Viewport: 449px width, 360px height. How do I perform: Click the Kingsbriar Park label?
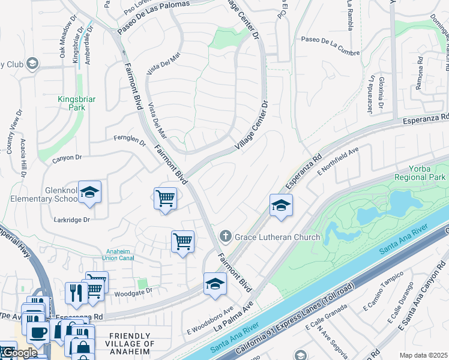click(71, 103)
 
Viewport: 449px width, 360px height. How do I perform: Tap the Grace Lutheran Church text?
click(277, 237)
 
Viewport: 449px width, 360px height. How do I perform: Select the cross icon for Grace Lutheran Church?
click(226, 236)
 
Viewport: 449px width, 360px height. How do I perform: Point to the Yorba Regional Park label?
click(421, 173)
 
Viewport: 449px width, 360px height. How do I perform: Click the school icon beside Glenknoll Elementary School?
click(90, 193)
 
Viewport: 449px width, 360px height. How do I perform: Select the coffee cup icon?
click(38, 332)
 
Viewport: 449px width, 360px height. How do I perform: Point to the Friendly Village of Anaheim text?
click(132, 344)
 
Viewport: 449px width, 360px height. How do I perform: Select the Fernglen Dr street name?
click(130, 140)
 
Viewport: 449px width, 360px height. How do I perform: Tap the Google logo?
click(19, 353)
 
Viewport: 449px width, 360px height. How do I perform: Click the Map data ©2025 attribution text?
click(423, 355)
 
